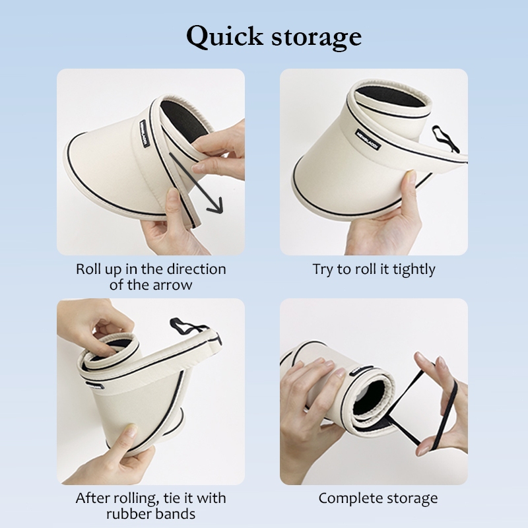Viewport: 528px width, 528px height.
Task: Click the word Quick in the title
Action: coord(224,36)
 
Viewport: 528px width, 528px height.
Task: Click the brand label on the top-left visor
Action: coord(144,134)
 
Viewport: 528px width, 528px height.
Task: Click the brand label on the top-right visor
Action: coord(368,139)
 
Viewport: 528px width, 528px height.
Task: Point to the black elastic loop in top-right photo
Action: coord(445,138)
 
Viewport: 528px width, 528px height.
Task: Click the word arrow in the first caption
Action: coord(172,285)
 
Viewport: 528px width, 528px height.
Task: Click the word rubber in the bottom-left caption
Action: coord(127,514)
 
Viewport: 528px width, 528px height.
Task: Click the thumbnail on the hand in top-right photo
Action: coord(411,176)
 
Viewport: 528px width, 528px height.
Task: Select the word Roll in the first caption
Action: coord(88,269)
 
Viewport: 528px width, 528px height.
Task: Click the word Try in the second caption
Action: coord(323,270)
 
